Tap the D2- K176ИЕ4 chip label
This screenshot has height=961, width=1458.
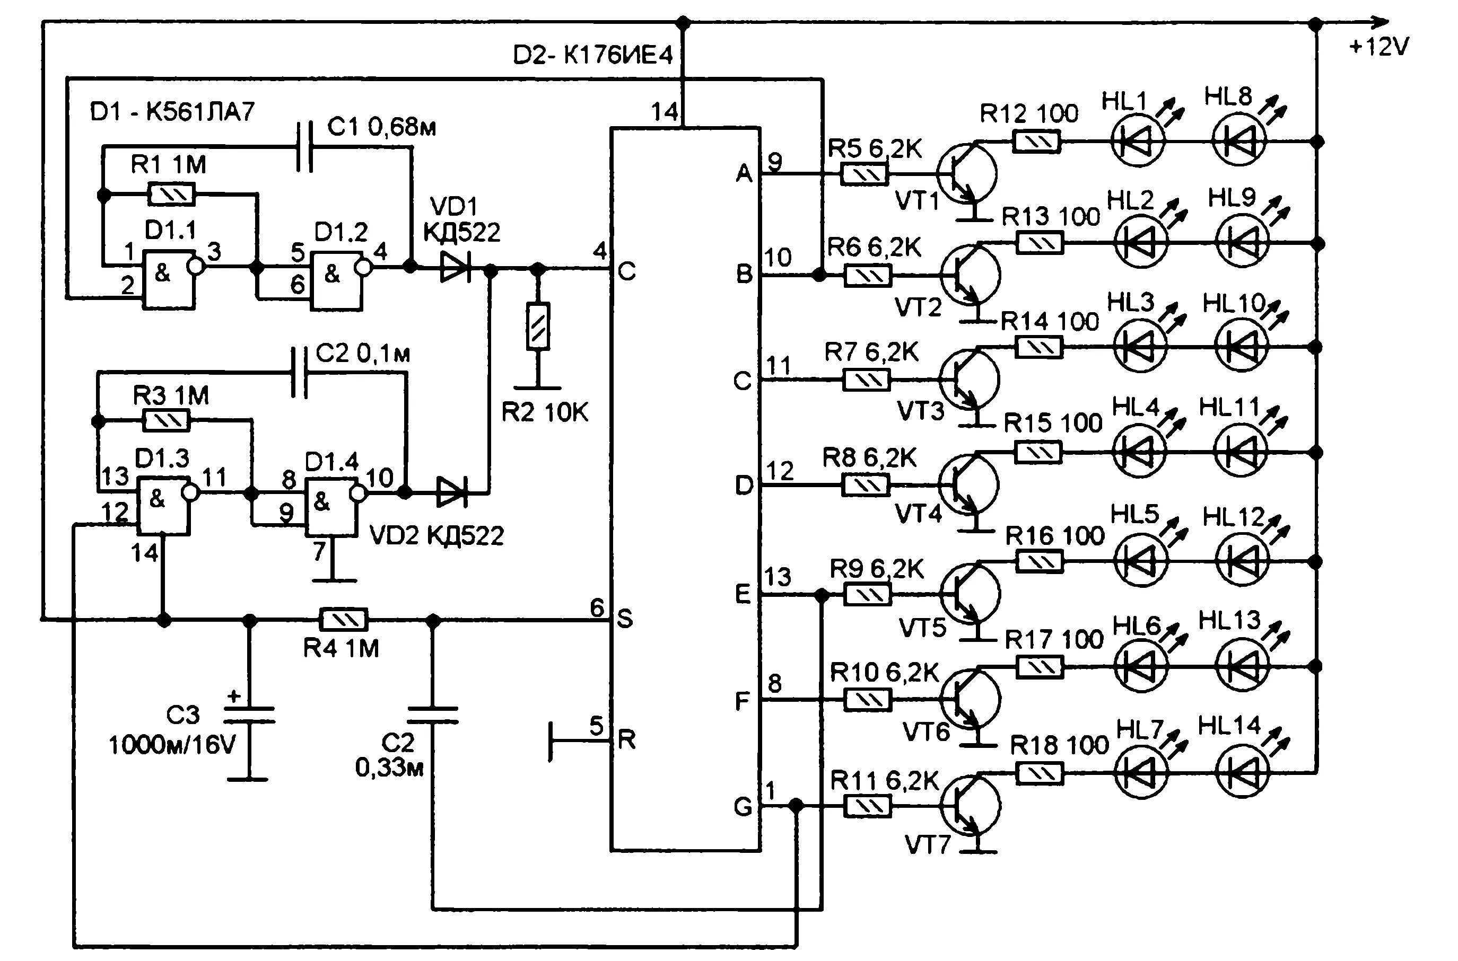click(x=592, y=56)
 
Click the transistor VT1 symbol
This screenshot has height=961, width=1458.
click(x=967, y=173)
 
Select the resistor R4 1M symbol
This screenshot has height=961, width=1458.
click(x=343, y=620)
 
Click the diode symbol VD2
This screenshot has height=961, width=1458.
click(x=452, y=491)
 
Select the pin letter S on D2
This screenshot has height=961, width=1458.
click(x=624, y=619)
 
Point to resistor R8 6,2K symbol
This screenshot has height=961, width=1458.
click(x=866, y=486)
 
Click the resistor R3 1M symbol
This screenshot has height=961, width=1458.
click(x=166, y=421)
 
